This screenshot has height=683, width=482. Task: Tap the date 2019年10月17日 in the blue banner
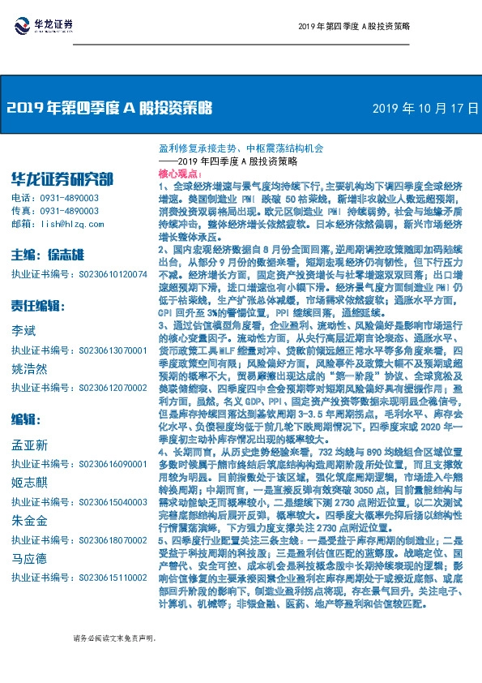click(425, 107)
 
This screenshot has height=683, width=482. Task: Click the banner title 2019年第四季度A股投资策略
click(109, 107)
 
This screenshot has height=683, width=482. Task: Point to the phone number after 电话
click(66, 198)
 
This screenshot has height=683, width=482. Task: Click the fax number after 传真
click(66, 210)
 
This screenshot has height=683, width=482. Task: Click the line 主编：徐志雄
click(49, 254)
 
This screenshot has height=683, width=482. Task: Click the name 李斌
click(23, 332)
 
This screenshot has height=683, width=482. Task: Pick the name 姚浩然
click(28, 367)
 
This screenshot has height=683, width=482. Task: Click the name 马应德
click(28, 559)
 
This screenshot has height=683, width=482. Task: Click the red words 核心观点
click(178, 174)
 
